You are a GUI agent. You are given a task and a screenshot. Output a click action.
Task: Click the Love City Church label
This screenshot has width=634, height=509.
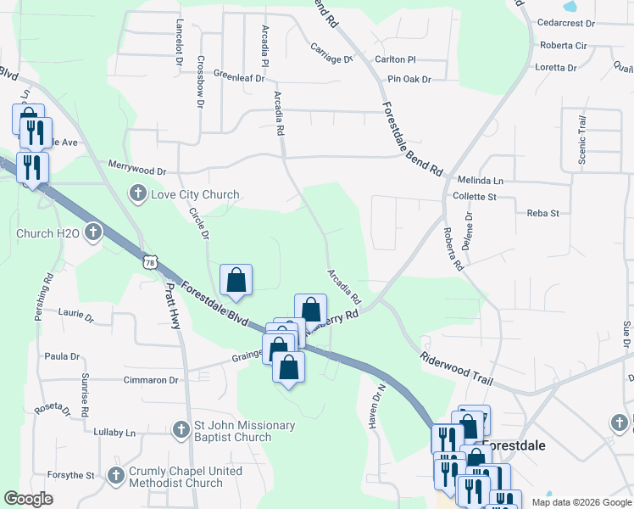(195, 194)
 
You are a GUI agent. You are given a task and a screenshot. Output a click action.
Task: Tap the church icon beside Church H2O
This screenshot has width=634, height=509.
(92, 232)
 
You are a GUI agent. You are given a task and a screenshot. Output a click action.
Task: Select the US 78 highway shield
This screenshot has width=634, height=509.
(150, 262)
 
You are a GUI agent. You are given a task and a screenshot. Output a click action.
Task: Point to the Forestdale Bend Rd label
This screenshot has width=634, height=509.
(412, 139)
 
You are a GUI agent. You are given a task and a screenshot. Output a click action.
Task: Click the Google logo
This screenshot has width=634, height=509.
(28, 499)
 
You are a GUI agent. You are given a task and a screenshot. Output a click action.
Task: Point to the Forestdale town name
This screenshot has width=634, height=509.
(520, 445)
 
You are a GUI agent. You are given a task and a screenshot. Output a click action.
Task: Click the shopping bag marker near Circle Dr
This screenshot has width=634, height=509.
(236, 279)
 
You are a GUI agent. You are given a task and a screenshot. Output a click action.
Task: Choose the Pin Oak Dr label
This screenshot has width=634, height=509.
(409, 79)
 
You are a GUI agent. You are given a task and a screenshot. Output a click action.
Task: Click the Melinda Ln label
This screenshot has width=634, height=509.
(480, 181)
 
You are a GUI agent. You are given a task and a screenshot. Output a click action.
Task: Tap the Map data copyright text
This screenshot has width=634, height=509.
(581, 502)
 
